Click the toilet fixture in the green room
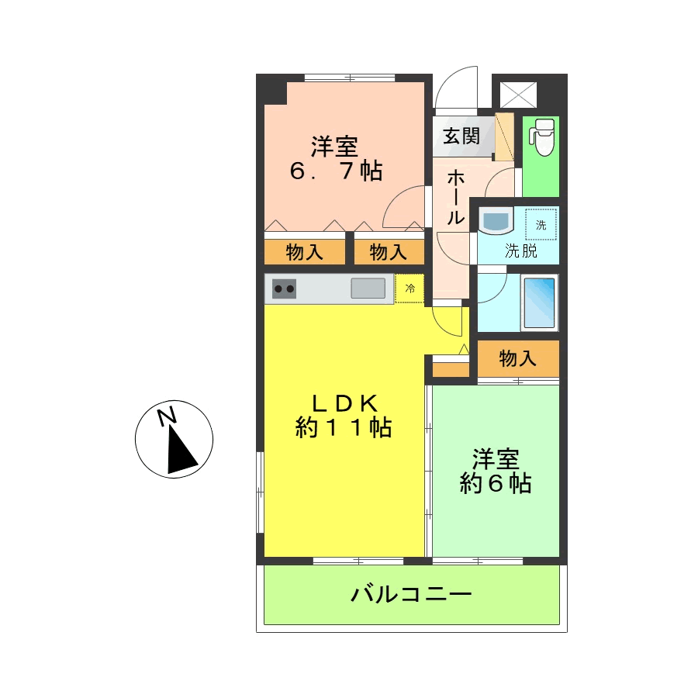point(541,137)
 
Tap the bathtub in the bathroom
point(539,302)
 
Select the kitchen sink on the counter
point(368,288)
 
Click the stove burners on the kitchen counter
point(284,289)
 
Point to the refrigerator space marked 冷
point(409,289)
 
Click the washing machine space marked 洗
point(541,224)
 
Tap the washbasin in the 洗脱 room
point(496,221)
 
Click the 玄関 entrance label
point(461,136)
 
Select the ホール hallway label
point(455,198)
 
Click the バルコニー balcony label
point(411,594)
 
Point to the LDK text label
point(344,404)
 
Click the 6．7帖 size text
point(336,171)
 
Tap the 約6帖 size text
point(496,483)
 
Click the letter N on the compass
point(168,417)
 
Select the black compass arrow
point(181,449)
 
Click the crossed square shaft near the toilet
point(518,95)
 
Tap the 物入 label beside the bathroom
point(518,358)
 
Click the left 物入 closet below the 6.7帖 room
point(305,252)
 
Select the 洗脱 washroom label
point(521,251)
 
